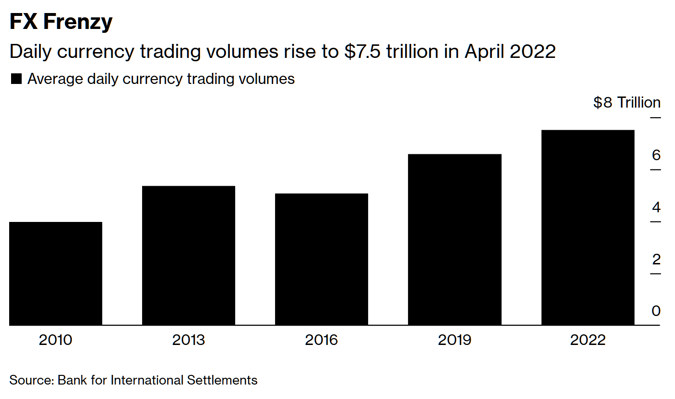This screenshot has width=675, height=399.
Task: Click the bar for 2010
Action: click(x=55, y=274)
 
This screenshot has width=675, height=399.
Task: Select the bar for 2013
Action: click(x=188, y=256)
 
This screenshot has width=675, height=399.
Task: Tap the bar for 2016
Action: click(x=321, y=260)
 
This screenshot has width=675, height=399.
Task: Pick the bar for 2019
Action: click(x=454, y=240)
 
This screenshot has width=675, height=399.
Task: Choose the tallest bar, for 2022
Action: click(x=587, y=228)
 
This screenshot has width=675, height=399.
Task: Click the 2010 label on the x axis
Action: click(x=55, y=340)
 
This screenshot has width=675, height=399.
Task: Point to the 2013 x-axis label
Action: click(x=188, y=340)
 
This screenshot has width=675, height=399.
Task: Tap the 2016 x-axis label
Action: click(x=321, y=340)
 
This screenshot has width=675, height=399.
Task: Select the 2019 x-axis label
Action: click(x=454, y=340)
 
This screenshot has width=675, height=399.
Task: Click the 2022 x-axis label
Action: click(x=587, y=340)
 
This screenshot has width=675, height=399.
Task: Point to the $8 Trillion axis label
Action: click(x=627, y=103)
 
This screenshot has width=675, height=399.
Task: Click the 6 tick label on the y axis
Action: click(x=656, y=155)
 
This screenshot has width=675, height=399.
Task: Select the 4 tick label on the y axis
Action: click(x=656, y=207)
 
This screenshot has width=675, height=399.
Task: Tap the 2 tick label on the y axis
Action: click(x=656, y=260)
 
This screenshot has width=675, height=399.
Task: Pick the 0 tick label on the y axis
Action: click(x=656, y=311)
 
